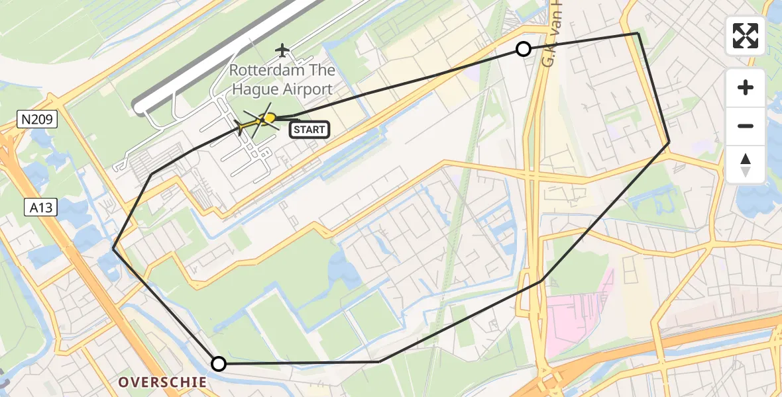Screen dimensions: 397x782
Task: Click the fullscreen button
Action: [746, 36]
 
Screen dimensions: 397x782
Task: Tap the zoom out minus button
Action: [746, 126]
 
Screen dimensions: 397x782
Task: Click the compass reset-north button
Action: [746, 165]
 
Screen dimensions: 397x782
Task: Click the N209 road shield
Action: [38, 119]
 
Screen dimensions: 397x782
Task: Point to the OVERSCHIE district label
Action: [162, 382]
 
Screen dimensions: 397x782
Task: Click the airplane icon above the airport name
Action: [283, 50]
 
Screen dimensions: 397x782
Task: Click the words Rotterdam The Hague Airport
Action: [282, 79]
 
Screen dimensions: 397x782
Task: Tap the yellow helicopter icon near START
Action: [268, 119]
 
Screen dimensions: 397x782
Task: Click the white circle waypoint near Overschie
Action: [218, 363]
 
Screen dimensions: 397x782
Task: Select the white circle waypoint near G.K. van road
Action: [524, 49]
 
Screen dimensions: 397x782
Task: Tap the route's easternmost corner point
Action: [669, 142]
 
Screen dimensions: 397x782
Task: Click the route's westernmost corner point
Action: [113, 249]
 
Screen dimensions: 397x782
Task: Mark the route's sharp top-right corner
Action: [638, 33]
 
